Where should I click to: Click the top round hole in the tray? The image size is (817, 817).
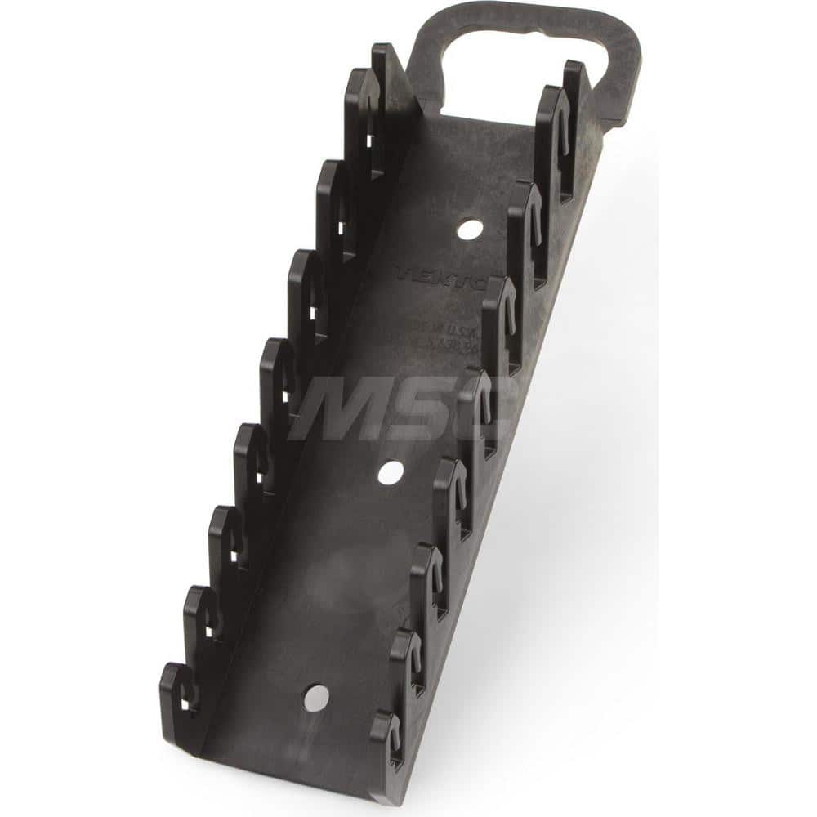(468, 230)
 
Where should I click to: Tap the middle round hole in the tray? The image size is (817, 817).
(391, 471)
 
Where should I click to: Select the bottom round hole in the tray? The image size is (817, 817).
(315, 697)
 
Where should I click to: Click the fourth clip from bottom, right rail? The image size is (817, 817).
(452, 490)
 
